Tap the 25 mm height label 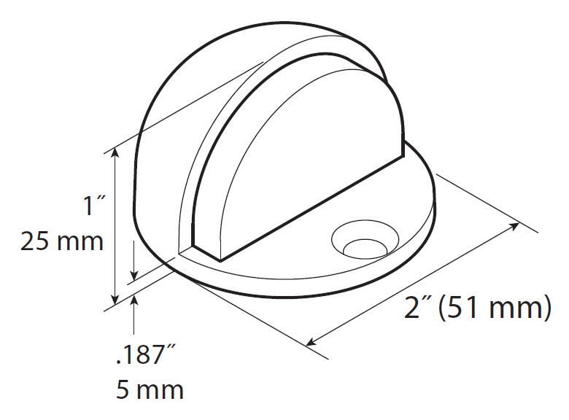pos(62,241)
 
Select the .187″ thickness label pos(146,357)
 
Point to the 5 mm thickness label pos(150,389)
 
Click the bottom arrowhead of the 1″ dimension pos(115,300)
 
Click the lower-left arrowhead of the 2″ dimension pos(312,341)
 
